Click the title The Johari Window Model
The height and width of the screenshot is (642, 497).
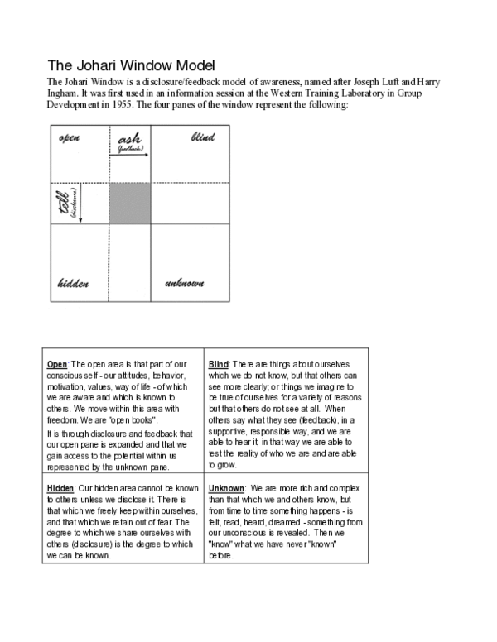tap(131, 65)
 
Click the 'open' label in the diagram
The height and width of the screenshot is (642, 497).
tap(69, 137)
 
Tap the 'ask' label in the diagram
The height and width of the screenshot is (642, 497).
tap(130, 139)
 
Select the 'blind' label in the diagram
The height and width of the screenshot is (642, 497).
tap(203, 137)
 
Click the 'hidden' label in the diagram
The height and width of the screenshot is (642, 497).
tap(73, 284)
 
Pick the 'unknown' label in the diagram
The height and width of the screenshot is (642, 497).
tap(185, 284)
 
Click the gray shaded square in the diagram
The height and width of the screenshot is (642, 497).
tap(129, 204)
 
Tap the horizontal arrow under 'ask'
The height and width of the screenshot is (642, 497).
tap(130, 155)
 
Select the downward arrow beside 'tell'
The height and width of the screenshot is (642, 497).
tap(80, 204)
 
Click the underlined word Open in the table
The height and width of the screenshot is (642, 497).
tap(57, 365)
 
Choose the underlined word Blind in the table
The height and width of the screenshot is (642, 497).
tap(220, 365)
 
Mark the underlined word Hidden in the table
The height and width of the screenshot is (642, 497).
tap(61, 488)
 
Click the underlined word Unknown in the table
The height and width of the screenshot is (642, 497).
tap(226, 488)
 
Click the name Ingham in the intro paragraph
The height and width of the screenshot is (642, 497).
tap(65, 93)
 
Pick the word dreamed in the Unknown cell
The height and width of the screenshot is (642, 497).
tap(292, 522)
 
